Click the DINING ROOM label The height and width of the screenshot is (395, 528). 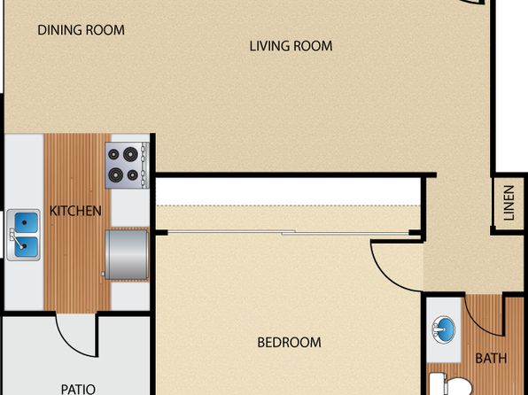coord(81,30)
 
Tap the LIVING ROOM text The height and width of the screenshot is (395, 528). coord(291,46)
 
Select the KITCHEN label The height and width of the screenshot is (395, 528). coord(75,211)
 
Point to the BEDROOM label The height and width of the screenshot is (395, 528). coord(290,343)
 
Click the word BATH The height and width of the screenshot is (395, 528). coord(491,359)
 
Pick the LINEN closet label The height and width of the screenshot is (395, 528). coord(509,203)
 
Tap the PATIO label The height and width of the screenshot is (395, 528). coord(79,389)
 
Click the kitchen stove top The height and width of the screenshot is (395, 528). coord(127,165)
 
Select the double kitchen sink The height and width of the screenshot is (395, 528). coord(23,235)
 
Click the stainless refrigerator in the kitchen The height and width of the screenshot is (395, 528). coord(127,254)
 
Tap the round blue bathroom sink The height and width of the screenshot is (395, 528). coord(444,329)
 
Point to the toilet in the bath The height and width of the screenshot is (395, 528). coord(451,384)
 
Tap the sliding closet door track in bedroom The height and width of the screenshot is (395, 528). coord(288,232)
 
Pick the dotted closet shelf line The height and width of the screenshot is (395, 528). coord(288,205)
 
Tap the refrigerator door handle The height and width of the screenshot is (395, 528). coord(104,275)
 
